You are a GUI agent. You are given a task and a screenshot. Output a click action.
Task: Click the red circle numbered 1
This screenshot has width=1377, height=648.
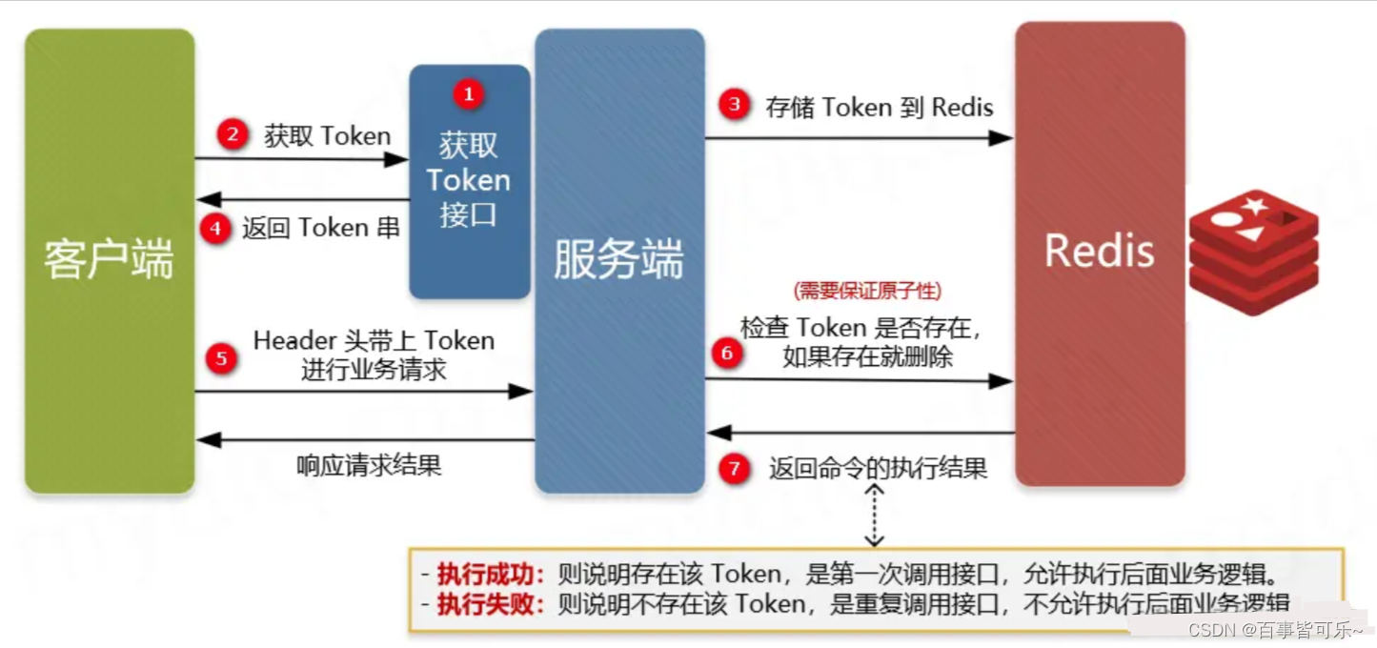point(468,93)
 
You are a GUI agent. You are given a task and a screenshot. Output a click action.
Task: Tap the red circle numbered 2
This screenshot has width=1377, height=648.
point(232,134)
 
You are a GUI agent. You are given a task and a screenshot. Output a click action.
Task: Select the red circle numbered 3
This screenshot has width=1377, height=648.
point(734,105)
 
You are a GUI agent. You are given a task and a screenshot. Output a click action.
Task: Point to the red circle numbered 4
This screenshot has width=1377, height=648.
point(216,229)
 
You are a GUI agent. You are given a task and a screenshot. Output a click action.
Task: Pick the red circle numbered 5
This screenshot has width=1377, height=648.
point(221,358)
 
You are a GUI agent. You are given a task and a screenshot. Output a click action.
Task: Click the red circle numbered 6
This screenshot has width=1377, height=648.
point(727,354)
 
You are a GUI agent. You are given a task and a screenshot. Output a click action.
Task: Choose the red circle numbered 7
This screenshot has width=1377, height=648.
point(734,469)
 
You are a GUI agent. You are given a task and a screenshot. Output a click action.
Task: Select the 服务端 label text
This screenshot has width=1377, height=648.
point(618,260)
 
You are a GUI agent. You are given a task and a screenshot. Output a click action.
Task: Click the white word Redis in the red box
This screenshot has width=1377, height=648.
point(1099,252)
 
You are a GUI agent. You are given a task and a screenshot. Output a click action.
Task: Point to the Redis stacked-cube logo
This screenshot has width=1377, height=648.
point(1253,251)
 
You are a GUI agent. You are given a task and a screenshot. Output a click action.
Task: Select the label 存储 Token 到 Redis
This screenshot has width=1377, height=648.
point(880,107)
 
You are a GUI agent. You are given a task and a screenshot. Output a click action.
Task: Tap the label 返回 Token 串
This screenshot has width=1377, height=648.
point(320,229)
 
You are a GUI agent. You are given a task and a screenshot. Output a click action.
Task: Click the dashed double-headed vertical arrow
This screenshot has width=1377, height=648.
point(875,515)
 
